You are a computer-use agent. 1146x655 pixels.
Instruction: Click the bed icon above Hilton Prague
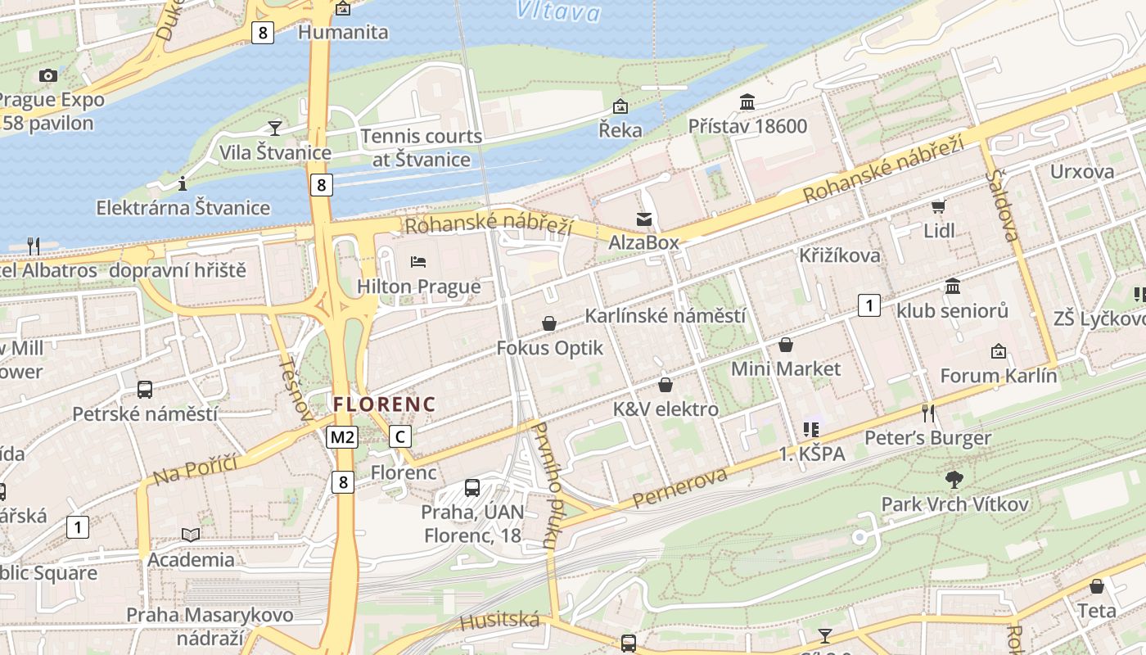[x=418, y=262]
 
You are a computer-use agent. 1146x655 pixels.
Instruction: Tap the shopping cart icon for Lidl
[x=938, y=206]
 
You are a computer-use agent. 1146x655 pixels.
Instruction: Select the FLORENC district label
[x=384, y=404]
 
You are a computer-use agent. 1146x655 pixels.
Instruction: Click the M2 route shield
[x=342, y=437]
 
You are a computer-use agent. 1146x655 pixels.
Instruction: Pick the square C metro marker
[x=399, y=437]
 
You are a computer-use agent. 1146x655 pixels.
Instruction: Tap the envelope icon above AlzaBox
[x=644, y=219]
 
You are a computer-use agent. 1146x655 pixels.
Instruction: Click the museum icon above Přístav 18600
[x=747, y=102]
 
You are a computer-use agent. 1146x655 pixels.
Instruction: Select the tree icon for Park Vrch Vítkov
[x=954, y=479]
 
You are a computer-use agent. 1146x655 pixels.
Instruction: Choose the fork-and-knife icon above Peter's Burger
[x=927, y=413]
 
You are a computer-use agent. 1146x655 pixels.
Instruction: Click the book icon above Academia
[x=191, y=535]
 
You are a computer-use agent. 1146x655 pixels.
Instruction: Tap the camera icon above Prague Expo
[x=48, y=75]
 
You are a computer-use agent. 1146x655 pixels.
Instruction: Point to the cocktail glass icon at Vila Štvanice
[x=274, y=129]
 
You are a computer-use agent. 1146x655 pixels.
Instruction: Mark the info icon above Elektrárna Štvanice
[x=183, y=183]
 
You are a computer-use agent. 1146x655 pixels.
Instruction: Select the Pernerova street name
[x=679, y=488]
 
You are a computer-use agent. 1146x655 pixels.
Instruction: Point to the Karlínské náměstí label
[x=665, y=316]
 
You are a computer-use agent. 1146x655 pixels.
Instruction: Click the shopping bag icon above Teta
[x=1097, y=586]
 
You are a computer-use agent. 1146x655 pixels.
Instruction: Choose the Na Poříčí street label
[x=195, y=469]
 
